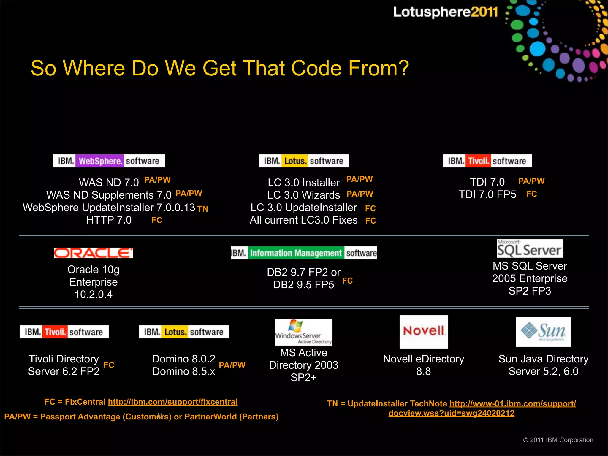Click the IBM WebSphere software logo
(x=109, y=161)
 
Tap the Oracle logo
(x=93, y=253)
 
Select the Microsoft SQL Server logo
(x=530, y=249)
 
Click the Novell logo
(x=424, y=332)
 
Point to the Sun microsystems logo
(x=543, y=332)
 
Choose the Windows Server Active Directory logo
(x=303, y=332)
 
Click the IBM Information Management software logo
(x=304, y=253)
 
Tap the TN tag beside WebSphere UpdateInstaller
(x=202, y=209)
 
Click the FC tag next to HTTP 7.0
(x=157, y=220)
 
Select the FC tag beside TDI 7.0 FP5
(x=531, y=194)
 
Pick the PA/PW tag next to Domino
(x=232, y=365)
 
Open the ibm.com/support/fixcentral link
(x=172, y=402)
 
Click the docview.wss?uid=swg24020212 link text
(x=451, y=413)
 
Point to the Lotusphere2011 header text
(x=445, y=12)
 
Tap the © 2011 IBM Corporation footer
(x=558, y=440)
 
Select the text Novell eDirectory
(x=423, y=359)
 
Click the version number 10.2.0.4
(x=94, y=294)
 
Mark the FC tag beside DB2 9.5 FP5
(x=347, y=281)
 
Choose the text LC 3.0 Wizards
(x=303, y=195)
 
